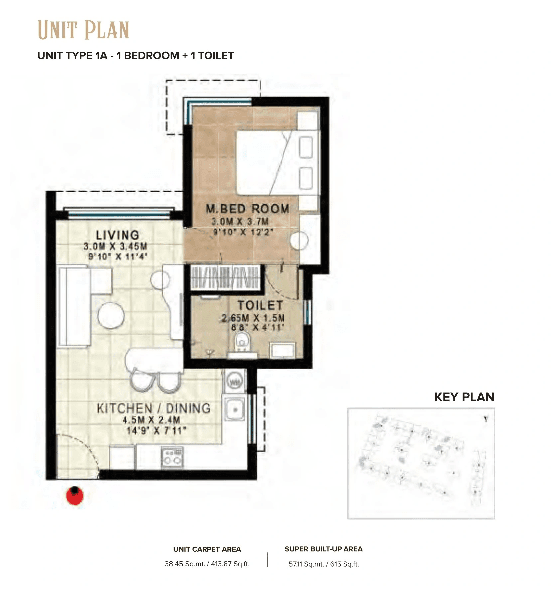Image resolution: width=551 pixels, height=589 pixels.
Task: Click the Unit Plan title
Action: (x=83, y=30)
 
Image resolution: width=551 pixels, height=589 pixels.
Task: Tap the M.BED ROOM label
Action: (x=247, y=209)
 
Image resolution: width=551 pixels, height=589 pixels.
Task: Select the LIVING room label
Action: (x=117, y=235)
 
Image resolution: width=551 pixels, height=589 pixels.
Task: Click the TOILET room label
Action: (x=260, y=305)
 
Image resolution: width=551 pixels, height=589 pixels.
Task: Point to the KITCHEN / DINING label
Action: (x=154, y=408)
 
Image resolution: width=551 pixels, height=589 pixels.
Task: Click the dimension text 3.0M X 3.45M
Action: (x=115, y=247)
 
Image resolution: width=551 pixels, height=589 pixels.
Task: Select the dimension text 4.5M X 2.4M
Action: (x=151, y=420)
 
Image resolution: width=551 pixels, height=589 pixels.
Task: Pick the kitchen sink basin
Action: (x=235, y=409)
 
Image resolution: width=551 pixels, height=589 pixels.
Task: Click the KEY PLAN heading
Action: (x=464, y=397)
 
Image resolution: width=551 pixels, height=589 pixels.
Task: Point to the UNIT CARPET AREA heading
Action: (x=207, y=549)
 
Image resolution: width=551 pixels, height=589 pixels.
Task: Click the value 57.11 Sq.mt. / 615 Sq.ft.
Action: (x=324, y=564)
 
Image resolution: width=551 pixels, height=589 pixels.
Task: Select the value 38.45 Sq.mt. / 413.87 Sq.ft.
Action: (x=207, y=564)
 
